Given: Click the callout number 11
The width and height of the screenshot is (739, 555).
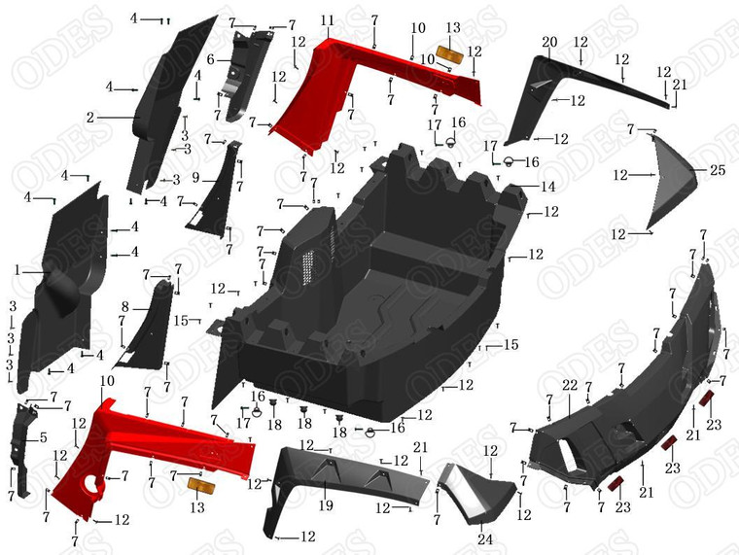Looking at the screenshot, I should point(327,20).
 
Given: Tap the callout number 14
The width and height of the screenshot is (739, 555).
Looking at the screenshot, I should point(548,186).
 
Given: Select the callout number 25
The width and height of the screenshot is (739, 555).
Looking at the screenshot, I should point(718,170).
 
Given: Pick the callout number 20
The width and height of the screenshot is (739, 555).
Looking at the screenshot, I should point(549,43).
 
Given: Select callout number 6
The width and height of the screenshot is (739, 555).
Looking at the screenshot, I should point(210,60).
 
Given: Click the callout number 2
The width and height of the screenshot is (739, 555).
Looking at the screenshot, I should point(89,117).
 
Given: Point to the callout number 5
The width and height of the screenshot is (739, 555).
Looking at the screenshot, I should point(42,437).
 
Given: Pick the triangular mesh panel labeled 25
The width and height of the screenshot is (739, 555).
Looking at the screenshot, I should point(676,180).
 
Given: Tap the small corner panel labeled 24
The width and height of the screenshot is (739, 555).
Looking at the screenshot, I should point(474,496).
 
